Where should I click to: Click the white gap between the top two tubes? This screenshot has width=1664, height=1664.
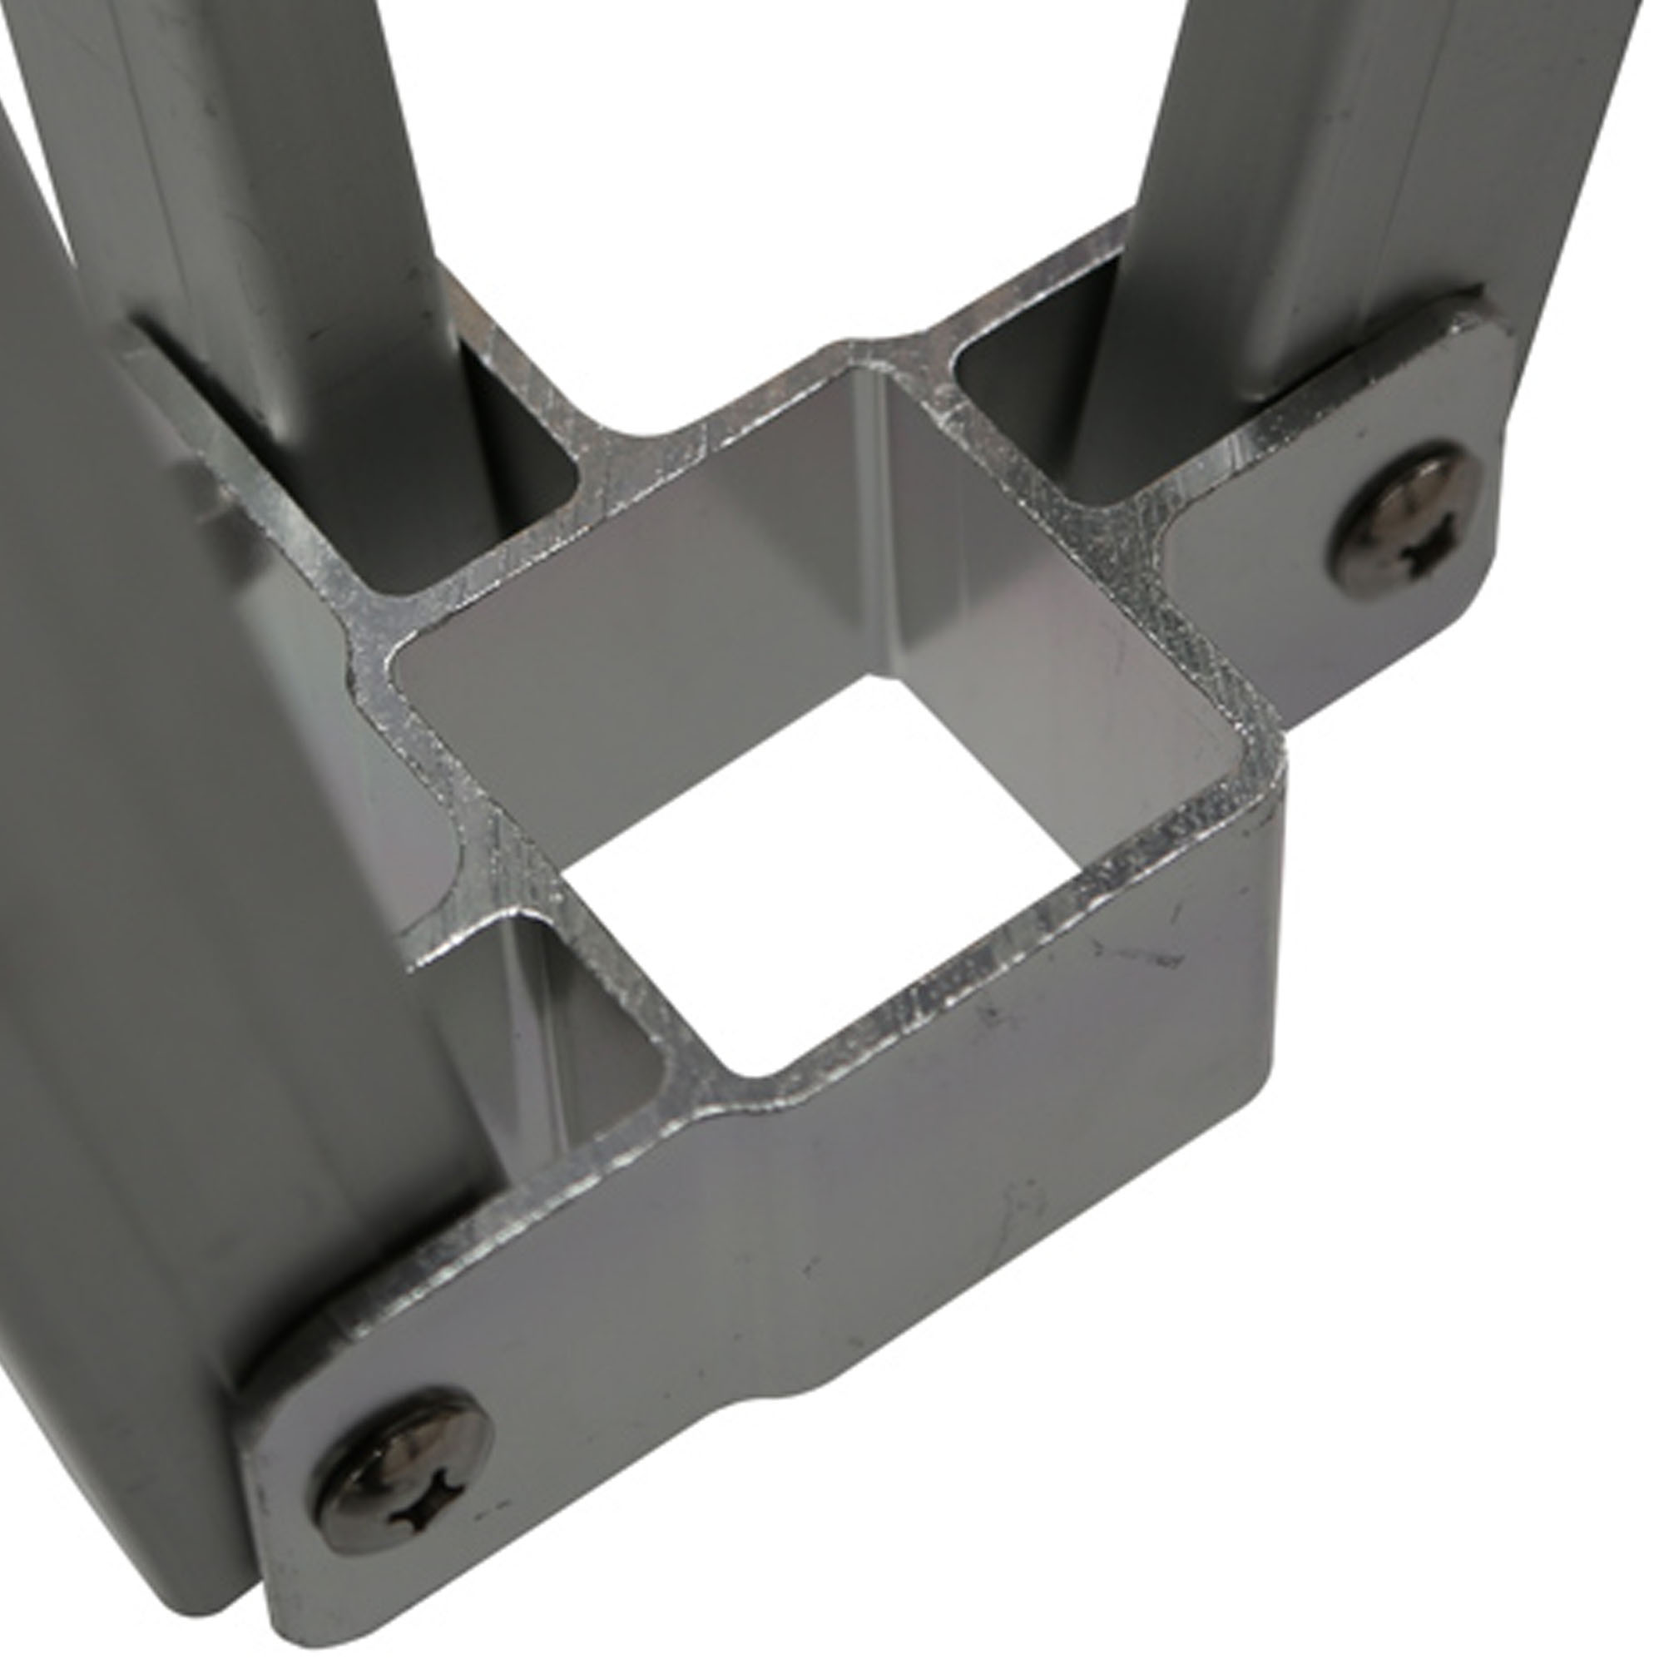coord(775,172)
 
